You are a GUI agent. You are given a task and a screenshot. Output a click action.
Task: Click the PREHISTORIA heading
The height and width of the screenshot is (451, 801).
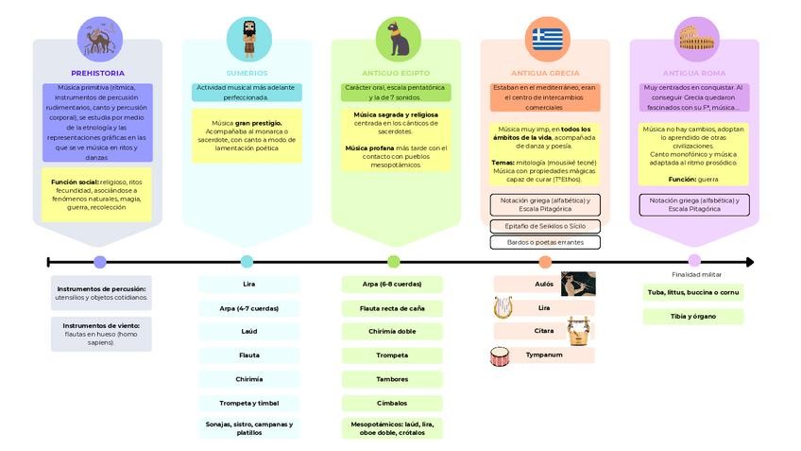point(97,73)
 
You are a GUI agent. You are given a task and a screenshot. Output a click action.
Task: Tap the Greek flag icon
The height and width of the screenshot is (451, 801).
point(546,39)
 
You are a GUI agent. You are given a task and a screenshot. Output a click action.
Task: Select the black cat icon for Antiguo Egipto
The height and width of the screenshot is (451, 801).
point(398,39)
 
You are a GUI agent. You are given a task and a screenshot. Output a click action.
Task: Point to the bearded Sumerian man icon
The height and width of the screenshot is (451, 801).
point(248,39)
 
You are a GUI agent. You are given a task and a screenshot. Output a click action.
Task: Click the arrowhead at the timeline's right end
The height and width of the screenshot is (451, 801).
point(749,262)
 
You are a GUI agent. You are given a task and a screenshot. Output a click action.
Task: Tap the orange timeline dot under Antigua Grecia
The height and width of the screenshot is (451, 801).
point(545,262)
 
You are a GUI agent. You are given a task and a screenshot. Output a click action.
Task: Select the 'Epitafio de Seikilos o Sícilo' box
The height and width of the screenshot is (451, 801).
point(545,226)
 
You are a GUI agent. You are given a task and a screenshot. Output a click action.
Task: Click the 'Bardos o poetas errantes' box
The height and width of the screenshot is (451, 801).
point(545,242)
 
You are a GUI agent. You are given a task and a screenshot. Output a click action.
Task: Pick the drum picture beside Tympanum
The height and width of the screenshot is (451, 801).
point(500,356)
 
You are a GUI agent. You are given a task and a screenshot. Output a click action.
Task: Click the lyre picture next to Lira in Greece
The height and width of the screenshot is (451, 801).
point(503,307)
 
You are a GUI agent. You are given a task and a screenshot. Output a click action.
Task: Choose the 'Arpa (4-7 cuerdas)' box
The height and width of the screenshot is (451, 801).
point(249,308)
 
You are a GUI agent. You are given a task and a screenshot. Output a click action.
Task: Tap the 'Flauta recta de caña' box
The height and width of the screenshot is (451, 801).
point(392,308)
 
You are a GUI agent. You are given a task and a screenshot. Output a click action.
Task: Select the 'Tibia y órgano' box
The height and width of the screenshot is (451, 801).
point(692,316)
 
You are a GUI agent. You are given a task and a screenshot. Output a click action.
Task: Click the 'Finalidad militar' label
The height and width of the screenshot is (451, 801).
point(696,274)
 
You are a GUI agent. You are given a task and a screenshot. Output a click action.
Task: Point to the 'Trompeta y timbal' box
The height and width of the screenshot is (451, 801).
point(249,403)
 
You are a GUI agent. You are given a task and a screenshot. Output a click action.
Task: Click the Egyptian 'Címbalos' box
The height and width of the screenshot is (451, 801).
point(392,403)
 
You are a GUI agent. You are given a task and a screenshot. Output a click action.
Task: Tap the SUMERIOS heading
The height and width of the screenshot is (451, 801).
point(247,73)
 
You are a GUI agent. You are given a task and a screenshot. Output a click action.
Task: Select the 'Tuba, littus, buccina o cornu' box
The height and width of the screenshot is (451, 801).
point(692,293)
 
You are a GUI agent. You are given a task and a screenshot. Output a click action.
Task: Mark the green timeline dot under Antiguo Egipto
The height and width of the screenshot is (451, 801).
point(393,262)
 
